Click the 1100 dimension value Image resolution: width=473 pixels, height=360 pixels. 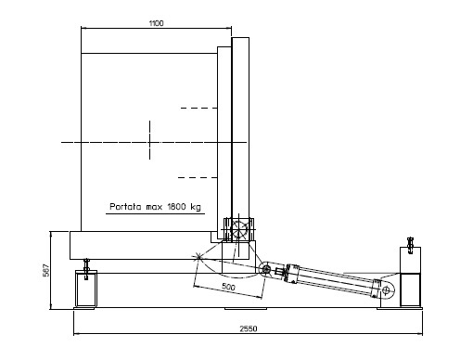tap(156, 23)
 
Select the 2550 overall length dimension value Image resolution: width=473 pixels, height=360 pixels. tap(249, 328)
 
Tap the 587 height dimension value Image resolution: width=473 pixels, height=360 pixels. tap(45, 270)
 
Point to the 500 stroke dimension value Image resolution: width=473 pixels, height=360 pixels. tap(228, 287)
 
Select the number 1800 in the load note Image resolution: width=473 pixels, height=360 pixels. tap(177, 206)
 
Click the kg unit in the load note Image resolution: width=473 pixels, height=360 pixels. tap(196, 207)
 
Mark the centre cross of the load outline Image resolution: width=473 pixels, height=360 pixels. tap(150, 142)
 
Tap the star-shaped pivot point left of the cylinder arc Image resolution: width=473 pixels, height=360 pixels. tap(198, 256)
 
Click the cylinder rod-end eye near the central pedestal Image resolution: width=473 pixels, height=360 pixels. tap(265, 270)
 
